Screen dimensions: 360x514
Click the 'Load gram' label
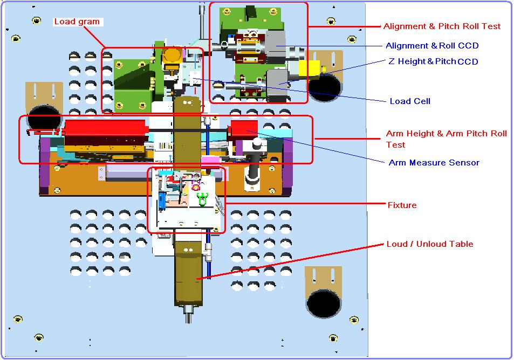(78, 22)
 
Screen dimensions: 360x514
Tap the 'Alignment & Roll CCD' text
(431, 46)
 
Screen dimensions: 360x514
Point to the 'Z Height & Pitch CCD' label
(433, 61)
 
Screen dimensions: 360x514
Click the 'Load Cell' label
(410, 101)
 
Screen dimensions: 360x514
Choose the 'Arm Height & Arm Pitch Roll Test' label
(446, 139)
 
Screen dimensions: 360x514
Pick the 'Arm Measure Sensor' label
(434, 162)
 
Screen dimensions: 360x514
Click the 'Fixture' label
(402, 205)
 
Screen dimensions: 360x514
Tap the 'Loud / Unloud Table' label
(429, 244)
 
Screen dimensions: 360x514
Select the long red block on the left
(105, 129)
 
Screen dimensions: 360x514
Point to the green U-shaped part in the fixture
(203, 199)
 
